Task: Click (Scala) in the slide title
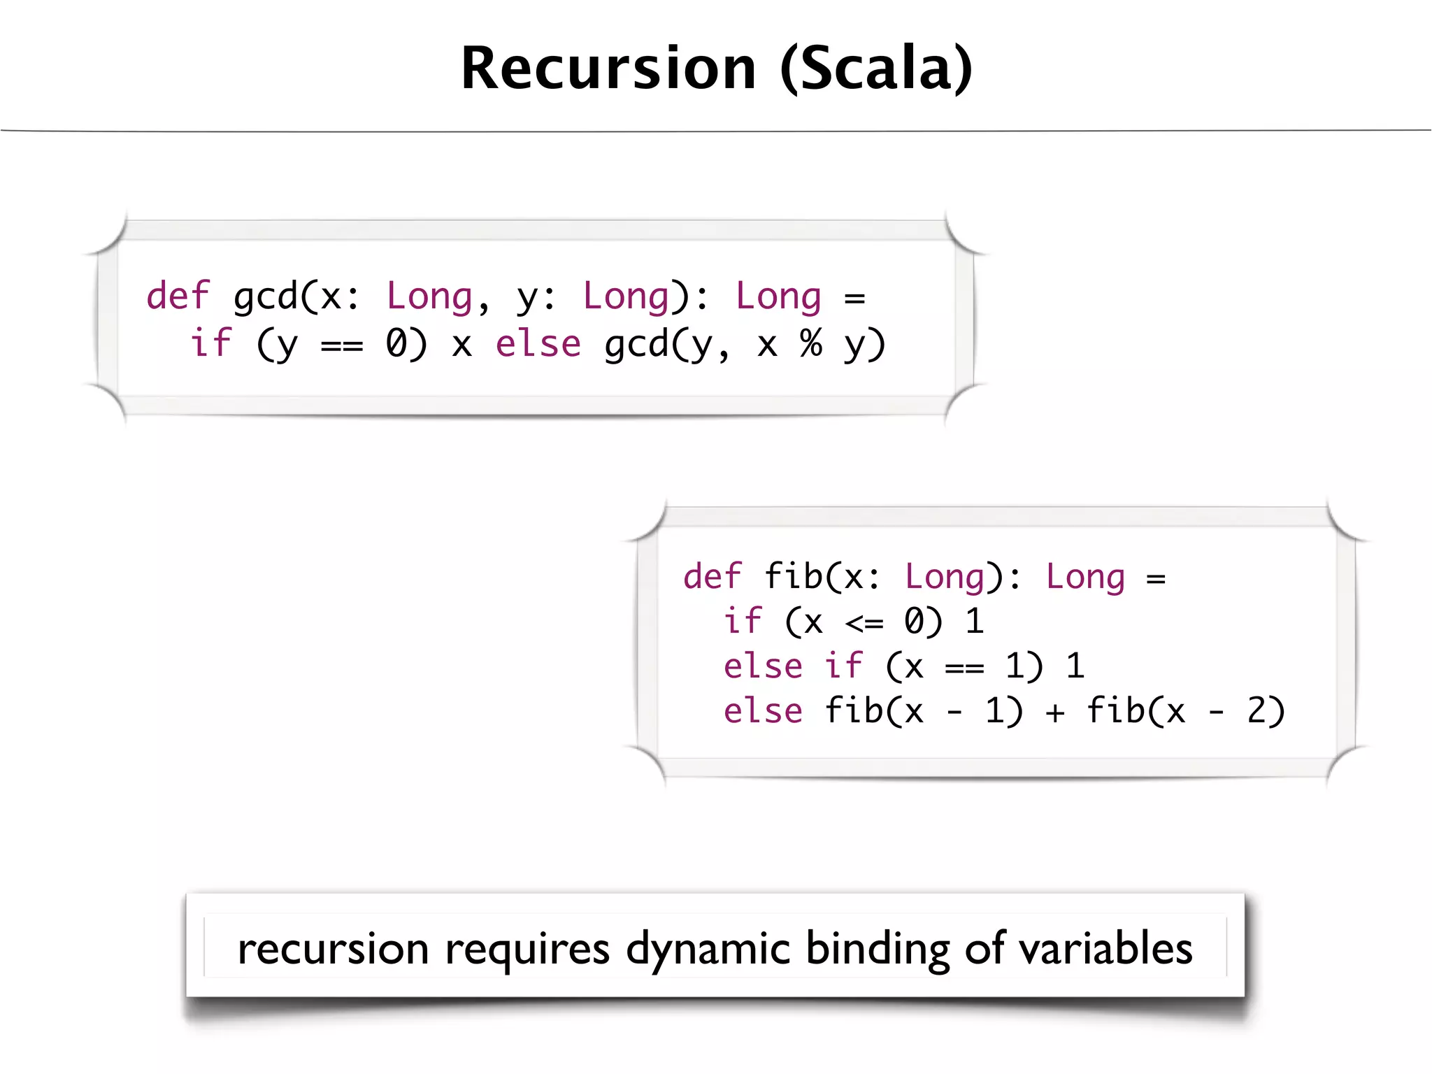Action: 876,68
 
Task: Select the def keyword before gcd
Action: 178,296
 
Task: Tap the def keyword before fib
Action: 712,577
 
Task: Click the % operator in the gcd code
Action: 810,344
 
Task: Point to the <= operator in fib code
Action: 864,622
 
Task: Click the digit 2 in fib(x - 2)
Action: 1256,711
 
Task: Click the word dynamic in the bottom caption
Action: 708,950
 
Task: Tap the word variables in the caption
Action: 1105,949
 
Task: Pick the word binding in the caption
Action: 878,950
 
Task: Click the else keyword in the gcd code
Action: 538,344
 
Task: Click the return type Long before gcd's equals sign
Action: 778,296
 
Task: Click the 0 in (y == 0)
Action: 396,344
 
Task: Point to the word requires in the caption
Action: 527,950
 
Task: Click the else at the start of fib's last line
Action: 763,711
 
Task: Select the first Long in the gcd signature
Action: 429,296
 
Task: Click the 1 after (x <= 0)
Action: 975,622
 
